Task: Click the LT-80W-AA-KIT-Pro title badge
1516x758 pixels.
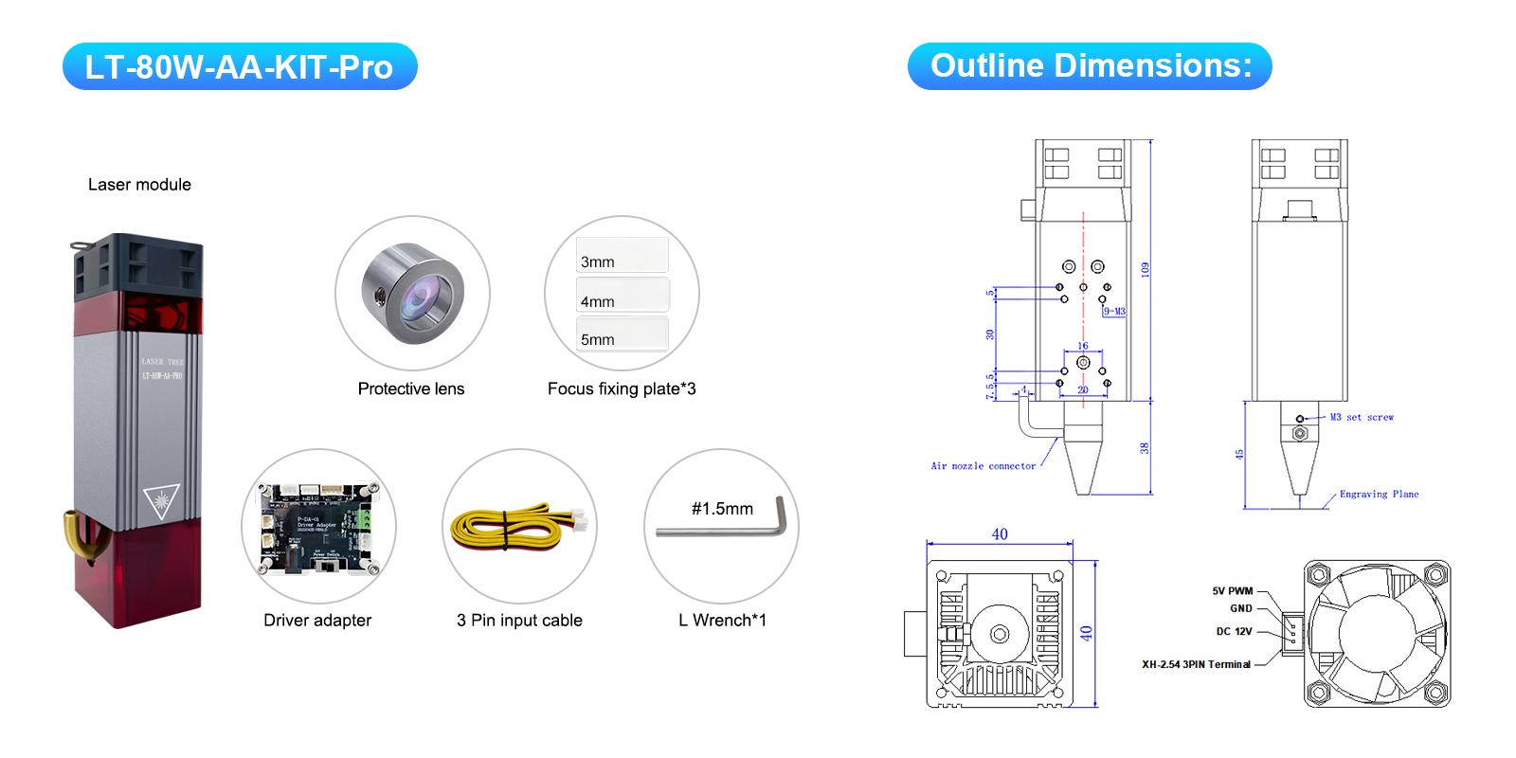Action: pos(240,66)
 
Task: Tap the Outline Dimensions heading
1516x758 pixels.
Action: pos(1090,66)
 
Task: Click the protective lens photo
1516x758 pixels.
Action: pos(413,293)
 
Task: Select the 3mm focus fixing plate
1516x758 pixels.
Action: pos(622,256)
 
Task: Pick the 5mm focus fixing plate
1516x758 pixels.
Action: pos(622,334)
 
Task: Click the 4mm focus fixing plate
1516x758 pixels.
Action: pos(622,296)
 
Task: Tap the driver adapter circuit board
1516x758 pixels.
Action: pos(319,527)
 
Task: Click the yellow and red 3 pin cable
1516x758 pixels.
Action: pos(517,527)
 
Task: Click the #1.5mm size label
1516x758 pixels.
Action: pos(722,509)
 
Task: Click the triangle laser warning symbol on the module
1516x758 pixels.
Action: pos(161,499)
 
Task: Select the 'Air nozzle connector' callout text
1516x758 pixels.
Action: pos(983,466)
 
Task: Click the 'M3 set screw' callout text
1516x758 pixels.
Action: pos(1362,417)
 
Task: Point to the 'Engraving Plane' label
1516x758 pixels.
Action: pos(1379,494)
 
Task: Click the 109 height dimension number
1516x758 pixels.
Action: pos(1146,270)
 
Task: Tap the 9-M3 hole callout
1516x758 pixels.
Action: pos(1114,311)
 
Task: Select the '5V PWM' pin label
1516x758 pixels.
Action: pos(1232,590)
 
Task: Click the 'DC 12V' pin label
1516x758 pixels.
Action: pos(1234,631)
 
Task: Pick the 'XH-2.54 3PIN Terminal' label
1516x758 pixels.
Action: pos(1196,664)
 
